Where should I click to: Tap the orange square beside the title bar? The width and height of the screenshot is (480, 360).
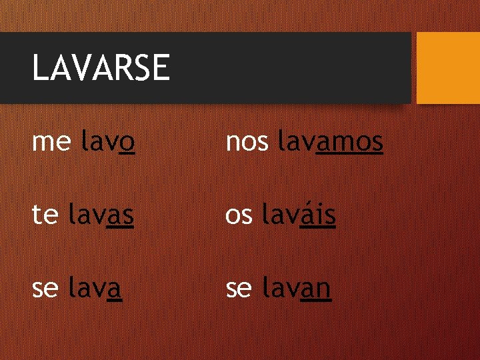click(x=448, y=67)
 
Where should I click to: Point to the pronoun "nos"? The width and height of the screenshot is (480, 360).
click(x=247, y=141)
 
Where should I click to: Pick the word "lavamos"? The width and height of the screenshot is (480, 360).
click(x=330, y=141)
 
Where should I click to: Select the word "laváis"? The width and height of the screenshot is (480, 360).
click(x=299, y=215)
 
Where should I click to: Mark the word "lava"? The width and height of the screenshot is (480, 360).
click(x=95, y=289)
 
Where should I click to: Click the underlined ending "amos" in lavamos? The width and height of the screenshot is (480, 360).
click(x=350, y=141)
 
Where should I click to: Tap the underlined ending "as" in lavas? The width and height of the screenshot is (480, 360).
click(x=121, y=216)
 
